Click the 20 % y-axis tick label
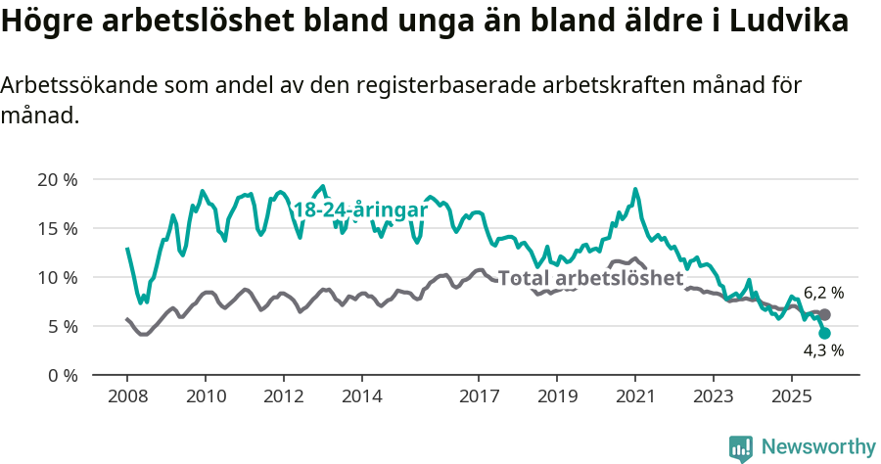[x=56, y=179]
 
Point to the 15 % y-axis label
[x=56, y=228]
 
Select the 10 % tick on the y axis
[x=56, y=277]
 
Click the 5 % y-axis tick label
[x=61, y=326]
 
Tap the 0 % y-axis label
[x=61, y=375]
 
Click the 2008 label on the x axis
[x=127, y=396]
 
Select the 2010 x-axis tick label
[x=206, y=396]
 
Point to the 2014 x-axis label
[x=361, y=396]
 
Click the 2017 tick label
[x=479, y=396]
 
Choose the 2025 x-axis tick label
[x=791, y=396]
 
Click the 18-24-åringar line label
[x=360, y=209]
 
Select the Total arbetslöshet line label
[x=590, y=278]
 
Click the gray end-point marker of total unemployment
[x=825, y=314]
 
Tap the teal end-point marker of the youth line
[x=824, y=333]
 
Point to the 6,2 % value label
[x=823, y=293]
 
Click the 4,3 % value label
[x=823, y=349]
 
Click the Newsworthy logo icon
[x=741, y=447]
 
